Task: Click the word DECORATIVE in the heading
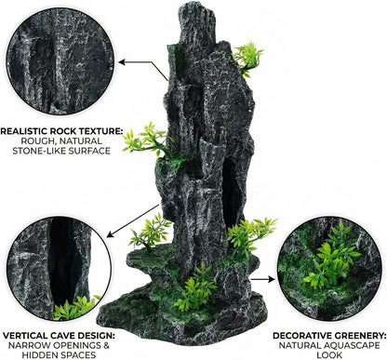[300, 336]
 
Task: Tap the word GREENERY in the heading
[359, 336]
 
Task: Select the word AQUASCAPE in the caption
[352, 345]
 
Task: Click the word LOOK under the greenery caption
[329, 355]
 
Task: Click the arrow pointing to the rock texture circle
[143, 68]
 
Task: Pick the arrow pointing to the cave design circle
[133, 220]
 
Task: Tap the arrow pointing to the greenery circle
[263, 279]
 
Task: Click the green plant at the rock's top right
[247, 59]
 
